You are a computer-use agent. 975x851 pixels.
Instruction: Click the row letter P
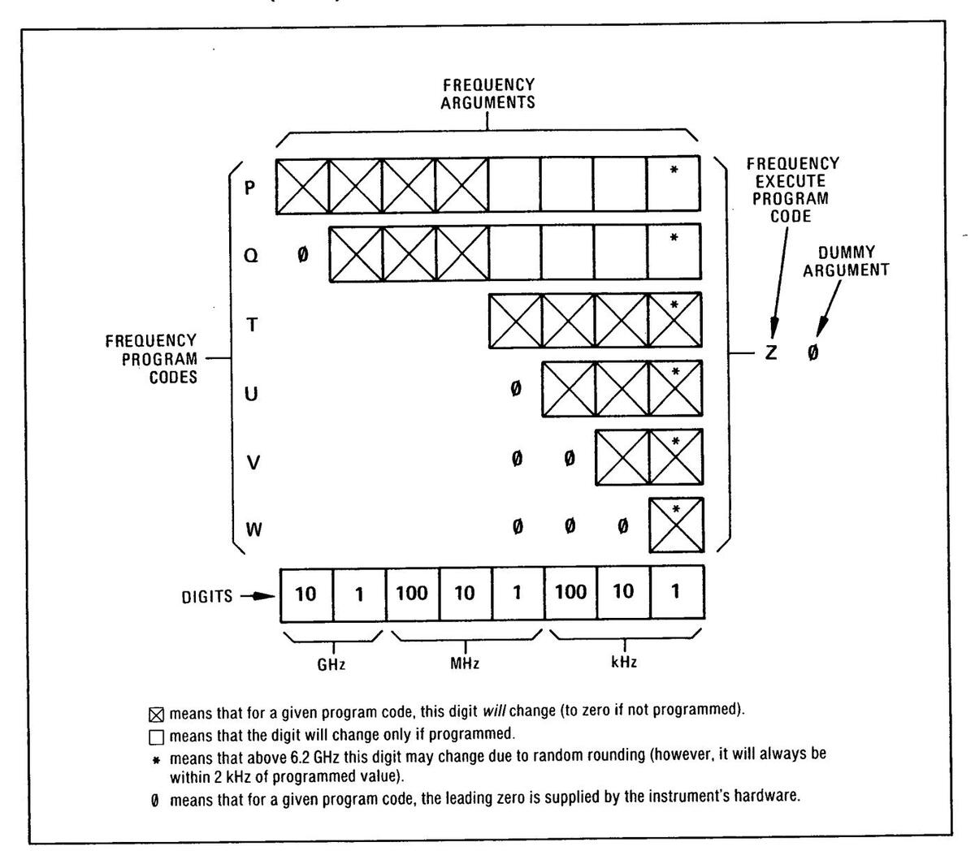coord(250,187)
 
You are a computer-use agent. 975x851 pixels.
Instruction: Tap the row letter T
coord(252,325)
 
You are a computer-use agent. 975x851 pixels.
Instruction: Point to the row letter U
coord(252,394)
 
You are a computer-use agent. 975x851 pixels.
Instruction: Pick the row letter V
coord(253,463)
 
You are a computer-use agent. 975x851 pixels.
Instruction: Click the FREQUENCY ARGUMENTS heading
coord(487,93)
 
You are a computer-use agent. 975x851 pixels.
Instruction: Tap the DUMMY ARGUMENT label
coord(846,262)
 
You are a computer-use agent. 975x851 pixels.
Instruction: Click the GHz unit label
coord(331,663)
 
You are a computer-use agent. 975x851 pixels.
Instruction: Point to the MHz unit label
coord(465,663)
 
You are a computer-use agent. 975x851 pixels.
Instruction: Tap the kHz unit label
coord(623,662)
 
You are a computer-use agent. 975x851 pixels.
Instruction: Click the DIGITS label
coord(206,597)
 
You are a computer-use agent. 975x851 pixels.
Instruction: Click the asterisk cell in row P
coord(674,186)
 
